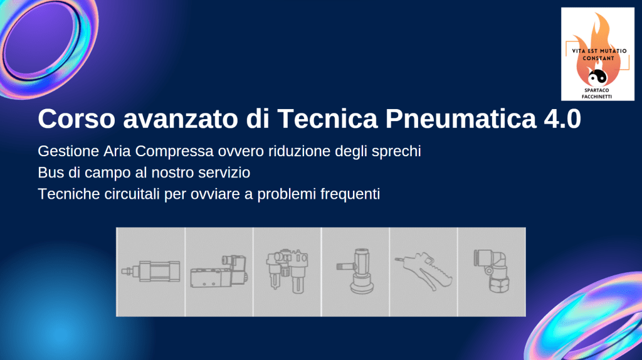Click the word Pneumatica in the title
pos(461,119)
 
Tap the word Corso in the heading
pos(76,119)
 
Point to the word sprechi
pos(396,152)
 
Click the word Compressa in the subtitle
pos(174,151)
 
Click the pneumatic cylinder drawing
pos(150,271)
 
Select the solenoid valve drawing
pos(219,272)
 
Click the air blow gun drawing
pos(423,271)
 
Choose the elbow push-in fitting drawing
pos(492,271)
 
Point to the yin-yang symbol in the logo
pos(597,77)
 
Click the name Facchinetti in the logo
pos(597,97)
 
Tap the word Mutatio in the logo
pos(611,51)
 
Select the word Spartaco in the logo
pos(597,90)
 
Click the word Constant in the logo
pos(599,58)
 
